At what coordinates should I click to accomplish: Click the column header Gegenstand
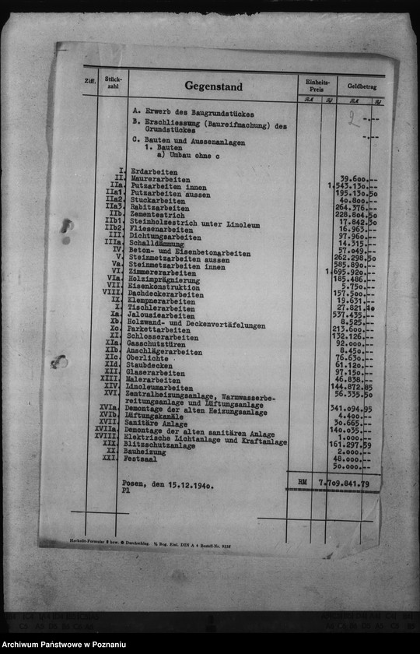213,86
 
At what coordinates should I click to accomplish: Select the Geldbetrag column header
362,86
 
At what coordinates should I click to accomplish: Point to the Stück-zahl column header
113,82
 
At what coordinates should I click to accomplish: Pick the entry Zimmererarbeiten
163,273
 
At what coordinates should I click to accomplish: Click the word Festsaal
141,459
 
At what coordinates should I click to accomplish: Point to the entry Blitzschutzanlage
159,445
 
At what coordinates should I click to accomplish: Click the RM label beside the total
302,483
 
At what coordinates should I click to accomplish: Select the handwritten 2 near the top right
353,119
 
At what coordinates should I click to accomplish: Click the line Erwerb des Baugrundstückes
187,114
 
